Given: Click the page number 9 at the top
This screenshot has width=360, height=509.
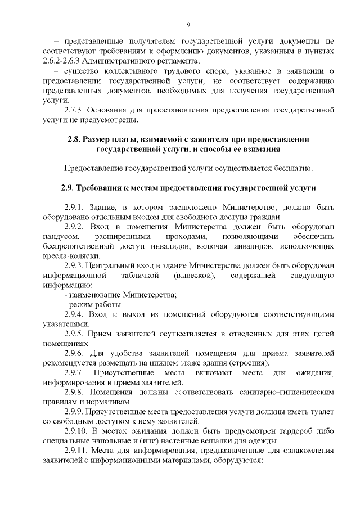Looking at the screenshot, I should (189, 24).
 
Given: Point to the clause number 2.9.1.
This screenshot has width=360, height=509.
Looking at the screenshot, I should (74, 208).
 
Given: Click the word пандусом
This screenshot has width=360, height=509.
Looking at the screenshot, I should (60, 236).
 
